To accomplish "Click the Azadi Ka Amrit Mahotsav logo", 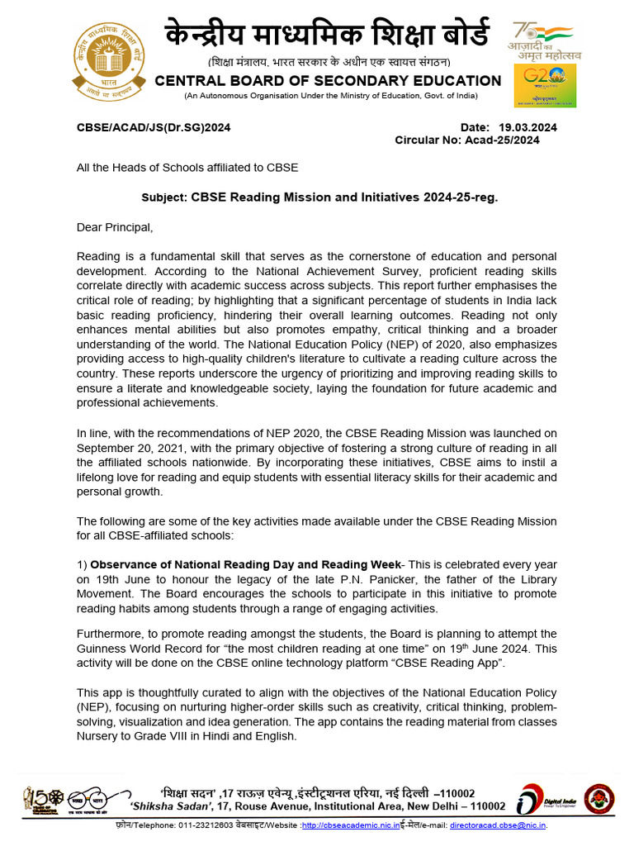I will [545, 40].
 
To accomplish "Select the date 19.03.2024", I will [528, 127].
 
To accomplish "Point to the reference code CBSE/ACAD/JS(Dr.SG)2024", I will [154, 127].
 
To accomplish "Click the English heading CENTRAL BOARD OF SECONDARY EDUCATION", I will [328, 80].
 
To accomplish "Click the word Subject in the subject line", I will [164, 198].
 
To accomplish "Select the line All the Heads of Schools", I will [187, 167].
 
